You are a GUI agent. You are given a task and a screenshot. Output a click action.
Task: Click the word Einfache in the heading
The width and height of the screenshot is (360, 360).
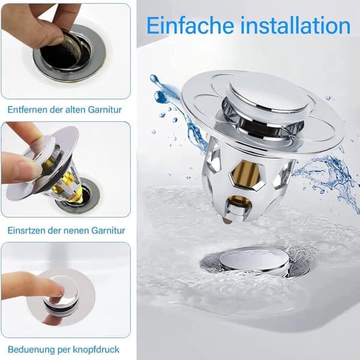190,25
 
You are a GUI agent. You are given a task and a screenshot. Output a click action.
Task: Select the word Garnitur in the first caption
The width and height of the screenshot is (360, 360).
104,110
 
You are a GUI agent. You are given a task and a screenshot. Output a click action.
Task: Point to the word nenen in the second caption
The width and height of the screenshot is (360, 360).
76,230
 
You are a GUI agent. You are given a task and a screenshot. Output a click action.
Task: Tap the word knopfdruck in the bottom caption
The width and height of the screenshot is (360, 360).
96,350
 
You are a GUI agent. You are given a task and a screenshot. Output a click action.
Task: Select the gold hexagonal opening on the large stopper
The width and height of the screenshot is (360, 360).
246,175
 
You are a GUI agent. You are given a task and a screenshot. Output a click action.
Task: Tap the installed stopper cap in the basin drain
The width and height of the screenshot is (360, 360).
254,260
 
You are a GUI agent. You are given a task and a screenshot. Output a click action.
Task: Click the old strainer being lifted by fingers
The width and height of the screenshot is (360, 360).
71,48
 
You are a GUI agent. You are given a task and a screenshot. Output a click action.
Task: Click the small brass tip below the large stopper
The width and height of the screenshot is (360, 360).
226,221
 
